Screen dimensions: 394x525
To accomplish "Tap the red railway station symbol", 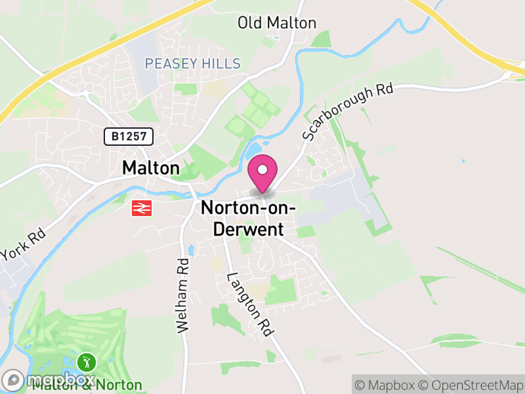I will click(x=140, y=208).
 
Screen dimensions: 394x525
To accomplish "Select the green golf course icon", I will click(x=87, y=361).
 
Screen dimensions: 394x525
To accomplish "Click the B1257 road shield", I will click(x=129, y=137).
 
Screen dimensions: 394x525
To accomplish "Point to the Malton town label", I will click(x=150, y=169).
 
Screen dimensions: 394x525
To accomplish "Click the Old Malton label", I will click(x=276, y=24).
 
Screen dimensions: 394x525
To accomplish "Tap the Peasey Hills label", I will click(x=192, y=64).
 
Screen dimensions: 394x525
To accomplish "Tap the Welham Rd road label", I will click(x=183, y=294).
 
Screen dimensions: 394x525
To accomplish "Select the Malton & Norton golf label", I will click(x=87, y=385).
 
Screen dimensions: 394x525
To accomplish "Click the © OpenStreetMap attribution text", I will click(x=469, y=385).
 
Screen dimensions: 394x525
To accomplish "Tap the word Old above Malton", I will click(x=251, y=24).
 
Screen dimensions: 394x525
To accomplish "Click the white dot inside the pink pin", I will click(x=262, y=170).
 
